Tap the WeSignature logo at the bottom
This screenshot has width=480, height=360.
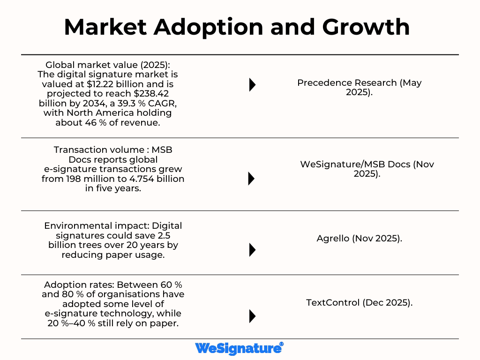[239, 348]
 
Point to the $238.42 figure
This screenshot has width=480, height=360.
[156, 94]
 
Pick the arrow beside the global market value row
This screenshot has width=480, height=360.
[252, 84]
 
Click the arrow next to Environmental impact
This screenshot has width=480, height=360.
[252, 250]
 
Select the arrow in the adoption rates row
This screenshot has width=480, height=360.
[252, 316]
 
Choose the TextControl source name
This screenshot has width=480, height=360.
[333, 302]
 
